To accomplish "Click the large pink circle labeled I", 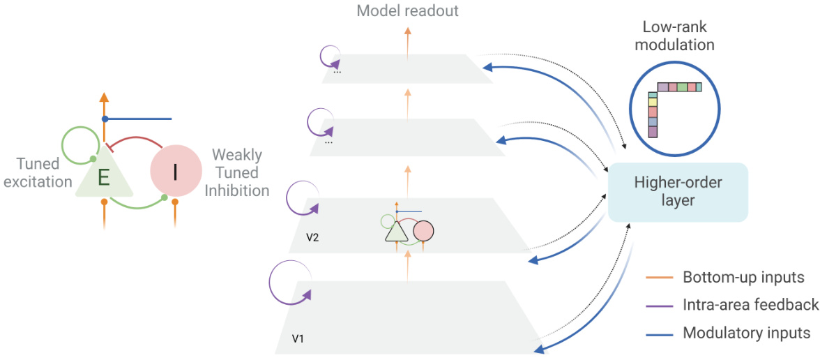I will (x=174, y=172).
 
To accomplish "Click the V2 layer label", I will (x=313, y=237).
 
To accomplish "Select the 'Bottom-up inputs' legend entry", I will (x=743, y=277).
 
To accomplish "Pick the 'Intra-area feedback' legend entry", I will (x=750, y=304).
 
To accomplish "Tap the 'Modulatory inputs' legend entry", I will (x=746, y=332).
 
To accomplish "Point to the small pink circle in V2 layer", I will (x=423, y=230).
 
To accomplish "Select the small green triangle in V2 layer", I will (x=395, y=232).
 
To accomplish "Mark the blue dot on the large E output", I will (x=105, y=119).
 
